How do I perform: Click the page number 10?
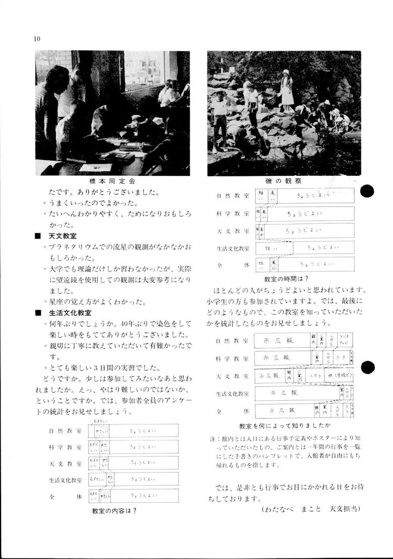click(37, 39)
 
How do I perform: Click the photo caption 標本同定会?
click(112, 181)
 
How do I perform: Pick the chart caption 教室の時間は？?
click(286, 279)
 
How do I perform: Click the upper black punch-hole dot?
click(368, 191)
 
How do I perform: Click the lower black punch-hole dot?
click(368, 368)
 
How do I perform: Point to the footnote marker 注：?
click(214, 439)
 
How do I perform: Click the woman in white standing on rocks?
click(287, 91)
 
